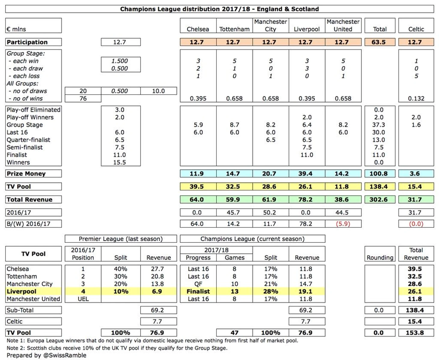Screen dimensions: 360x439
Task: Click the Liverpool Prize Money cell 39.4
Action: (x=305, y=174)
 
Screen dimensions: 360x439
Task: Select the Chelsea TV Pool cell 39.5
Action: (x=197, y=187)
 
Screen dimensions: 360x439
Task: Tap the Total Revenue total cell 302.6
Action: (x=378, y=200)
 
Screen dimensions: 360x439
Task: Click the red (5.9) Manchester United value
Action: (x=343, y=224)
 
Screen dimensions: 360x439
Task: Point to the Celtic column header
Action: (x=416, y=29)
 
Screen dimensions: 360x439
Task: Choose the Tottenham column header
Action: (x=234, y=29)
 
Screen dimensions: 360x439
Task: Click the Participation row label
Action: (x=27, y=42)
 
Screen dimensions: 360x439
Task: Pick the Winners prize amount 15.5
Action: (x=119, y=162)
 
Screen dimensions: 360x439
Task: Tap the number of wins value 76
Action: (x=83, y=99)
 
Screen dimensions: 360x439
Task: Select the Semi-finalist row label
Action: (x=25, y=147)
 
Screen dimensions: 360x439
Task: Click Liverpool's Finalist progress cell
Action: (x=198, y=291)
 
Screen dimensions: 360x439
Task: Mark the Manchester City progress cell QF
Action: (x=198, y=284)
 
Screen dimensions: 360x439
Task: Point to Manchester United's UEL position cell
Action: (x=83, y=299)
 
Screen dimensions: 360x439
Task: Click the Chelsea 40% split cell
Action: (x=121, y=269)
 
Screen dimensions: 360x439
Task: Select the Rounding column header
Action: (x=380, y=258)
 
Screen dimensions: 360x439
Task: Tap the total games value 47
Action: (x=234, y=333)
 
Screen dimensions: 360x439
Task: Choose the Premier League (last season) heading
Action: (x=121, y=239)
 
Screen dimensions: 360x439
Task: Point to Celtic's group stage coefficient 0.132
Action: (x=416, y=99)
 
